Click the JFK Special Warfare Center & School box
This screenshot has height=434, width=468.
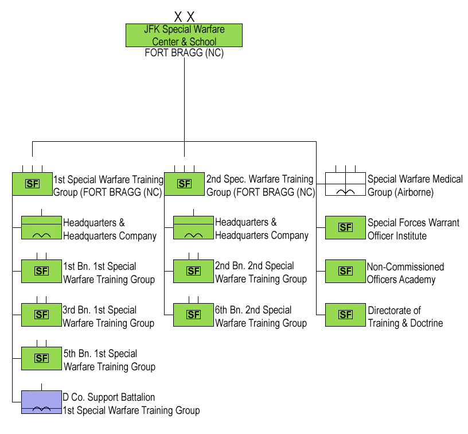tap(184, 35)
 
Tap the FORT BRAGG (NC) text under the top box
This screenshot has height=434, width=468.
tap(184, 53)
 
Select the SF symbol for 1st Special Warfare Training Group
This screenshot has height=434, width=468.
tap(32, 184)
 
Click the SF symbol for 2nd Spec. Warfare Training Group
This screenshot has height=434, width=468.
tap(184, 184)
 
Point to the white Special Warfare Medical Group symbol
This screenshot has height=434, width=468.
tap(345, 184)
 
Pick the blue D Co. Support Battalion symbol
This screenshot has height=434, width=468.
tap(41, 402)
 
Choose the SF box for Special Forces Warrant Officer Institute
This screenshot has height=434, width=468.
tap(345, 227)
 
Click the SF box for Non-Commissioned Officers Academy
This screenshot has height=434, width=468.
tap(345, 271)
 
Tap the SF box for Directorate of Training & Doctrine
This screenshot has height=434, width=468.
tap(345, 315)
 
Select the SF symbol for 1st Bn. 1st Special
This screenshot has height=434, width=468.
tap(41, 271)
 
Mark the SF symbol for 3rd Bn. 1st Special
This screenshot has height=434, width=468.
tap(41, 315)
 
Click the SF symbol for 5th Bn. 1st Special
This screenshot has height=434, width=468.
tap(41, 358)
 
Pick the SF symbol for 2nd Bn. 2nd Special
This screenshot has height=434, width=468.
tap(193, 271)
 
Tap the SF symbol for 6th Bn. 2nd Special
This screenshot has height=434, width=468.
tap(193, 315)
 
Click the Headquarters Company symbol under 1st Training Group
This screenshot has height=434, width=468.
tap(41, 227)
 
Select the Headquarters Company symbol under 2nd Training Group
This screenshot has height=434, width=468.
tap(193, 227)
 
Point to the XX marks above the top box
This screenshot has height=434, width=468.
tap(184, 17)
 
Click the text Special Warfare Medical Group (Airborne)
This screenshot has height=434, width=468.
tap(415, 185)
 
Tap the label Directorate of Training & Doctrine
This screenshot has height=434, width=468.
tap(405, 317)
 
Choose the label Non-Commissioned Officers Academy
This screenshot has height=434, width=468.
tap(405, 273)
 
